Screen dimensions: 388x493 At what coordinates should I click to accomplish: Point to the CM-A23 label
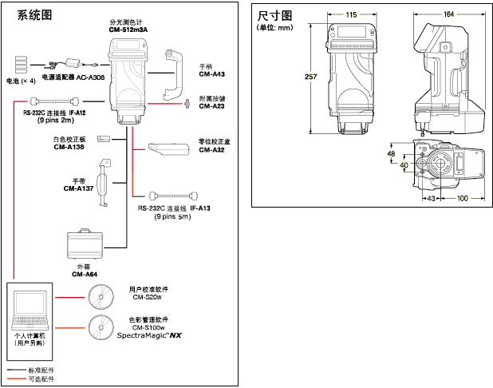(211, 106)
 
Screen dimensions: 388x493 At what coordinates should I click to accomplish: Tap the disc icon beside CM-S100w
(101, 327)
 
